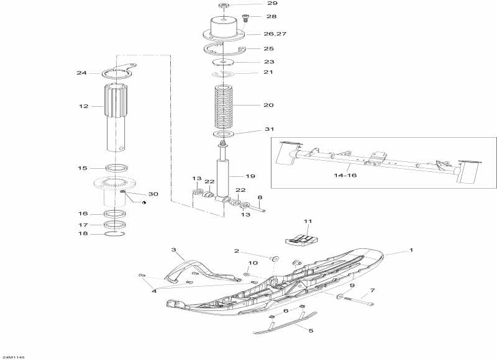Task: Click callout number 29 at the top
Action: pos(254,4)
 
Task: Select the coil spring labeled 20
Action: pos(226,106)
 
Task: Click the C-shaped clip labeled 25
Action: pos(224,50)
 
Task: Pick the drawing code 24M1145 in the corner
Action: pos(13,357)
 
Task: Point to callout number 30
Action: pos(153,194)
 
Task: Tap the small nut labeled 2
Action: pos(274,258)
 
